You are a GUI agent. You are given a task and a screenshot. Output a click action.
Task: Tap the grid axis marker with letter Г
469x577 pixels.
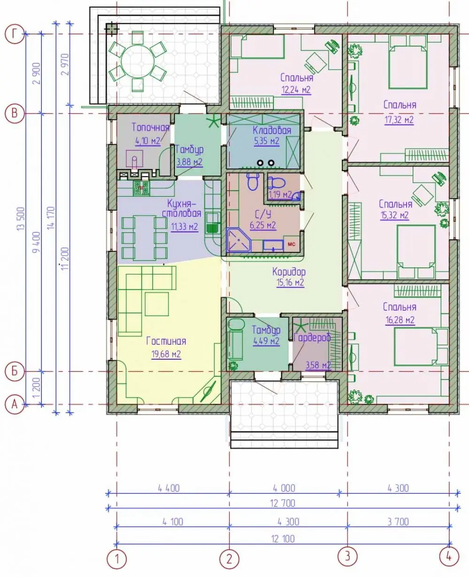coord(15,34)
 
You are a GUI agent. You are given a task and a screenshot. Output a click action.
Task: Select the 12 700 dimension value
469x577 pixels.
coord(282,503)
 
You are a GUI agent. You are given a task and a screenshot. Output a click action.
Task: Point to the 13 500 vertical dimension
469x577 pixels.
coord(21,219)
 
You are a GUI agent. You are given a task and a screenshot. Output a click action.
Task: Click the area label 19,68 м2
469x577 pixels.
coord(166,354)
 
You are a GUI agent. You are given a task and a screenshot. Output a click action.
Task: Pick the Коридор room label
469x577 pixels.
coord(289,272)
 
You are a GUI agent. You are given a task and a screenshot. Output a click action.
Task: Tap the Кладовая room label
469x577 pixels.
coord(272,130)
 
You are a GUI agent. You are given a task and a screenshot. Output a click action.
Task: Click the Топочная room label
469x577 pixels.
coord(150,127)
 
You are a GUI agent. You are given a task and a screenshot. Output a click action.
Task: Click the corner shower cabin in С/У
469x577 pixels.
coord(238,240)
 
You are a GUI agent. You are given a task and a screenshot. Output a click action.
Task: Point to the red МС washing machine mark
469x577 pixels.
coord(291,244)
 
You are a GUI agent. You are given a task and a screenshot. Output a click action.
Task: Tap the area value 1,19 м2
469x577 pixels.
coord(280,195)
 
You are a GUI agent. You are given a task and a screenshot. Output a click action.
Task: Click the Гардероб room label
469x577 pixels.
coord(312,338)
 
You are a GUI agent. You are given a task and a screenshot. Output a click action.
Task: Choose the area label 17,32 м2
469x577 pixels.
coord(399,119)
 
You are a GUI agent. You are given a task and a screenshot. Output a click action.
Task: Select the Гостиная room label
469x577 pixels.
coord(166,341)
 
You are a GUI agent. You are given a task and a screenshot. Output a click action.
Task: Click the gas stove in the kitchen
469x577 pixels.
coord(141,188)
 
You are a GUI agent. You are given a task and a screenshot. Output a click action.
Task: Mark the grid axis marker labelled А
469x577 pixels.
coord(15,405)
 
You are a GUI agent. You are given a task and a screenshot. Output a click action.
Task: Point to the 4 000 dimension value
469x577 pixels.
coord(284,488)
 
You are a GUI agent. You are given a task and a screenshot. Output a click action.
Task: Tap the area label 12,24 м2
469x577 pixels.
coord(296,89)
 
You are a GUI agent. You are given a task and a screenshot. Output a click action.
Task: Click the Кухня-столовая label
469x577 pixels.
coord(182,208)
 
